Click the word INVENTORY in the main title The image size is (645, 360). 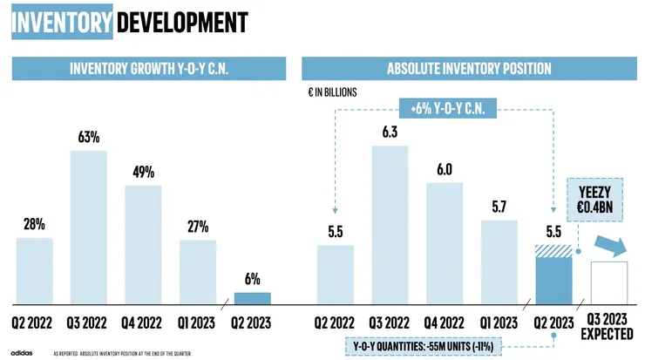62,21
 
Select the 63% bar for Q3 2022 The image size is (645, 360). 88,227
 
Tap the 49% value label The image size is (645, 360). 143,171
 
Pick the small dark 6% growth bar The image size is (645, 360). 252,298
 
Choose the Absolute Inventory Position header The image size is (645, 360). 469,69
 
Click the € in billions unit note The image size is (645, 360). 333,92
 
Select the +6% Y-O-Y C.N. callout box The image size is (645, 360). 447,109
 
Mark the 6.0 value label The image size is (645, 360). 444,169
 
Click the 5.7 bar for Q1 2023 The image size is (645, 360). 499,262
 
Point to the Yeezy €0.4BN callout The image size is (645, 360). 596,200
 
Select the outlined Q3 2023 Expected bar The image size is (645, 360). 608,282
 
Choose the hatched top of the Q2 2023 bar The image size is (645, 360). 553,250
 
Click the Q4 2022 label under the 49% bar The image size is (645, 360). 142,323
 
